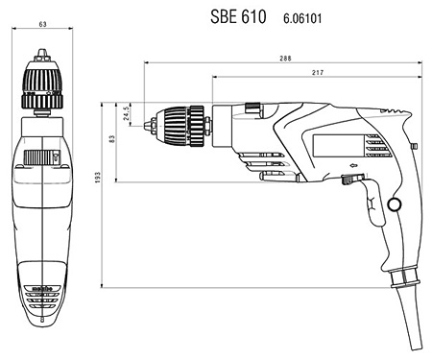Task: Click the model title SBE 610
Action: [238, 16]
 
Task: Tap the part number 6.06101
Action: [302, 18]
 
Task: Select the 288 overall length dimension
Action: [285, 59]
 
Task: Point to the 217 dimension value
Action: [318, 73]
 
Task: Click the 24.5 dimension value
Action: [126, 112]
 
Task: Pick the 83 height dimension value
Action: [111, 139]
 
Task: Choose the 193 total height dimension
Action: [98, 178]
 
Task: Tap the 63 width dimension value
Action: [42, 24]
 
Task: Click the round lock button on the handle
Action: [395, 204]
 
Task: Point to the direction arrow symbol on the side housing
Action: [353, 165]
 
